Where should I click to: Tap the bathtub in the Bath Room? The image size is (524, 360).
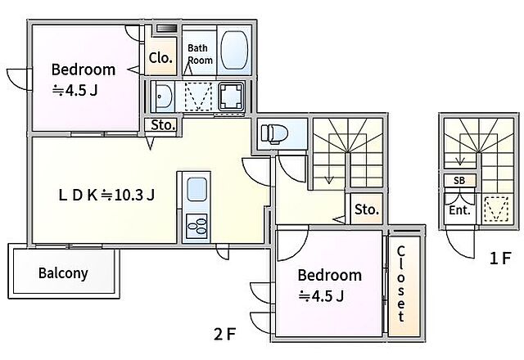point(234,51)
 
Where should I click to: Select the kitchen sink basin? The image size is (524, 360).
point(196,189)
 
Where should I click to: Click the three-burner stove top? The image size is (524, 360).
point(196,226)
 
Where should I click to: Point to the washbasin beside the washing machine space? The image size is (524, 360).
point(164,97)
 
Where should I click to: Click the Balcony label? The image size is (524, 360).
point(63,272)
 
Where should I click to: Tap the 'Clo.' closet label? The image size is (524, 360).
point(160,58)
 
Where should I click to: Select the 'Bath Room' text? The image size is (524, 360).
point(200,54)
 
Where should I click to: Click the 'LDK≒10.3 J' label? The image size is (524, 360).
point(106,195)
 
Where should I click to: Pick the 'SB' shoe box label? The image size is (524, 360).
point(459,181)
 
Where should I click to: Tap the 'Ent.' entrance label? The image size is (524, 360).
point(459,210)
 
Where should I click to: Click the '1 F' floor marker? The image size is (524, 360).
point(500,259)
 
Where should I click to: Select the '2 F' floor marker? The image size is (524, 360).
point(225,334)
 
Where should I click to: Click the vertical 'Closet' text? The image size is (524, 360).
point(401,284)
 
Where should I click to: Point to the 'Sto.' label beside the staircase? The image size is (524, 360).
point(367,209)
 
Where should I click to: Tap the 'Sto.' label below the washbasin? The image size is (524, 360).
point(163,125)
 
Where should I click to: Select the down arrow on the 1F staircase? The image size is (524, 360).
point(460,150)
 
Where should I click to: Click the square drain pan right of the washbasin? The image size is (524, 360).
point(231,97)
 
